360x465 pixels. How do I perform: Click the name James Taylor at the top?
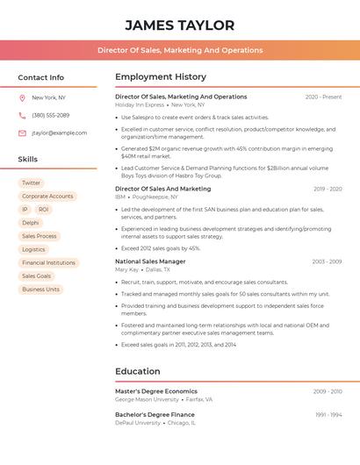click(x=179, y=25)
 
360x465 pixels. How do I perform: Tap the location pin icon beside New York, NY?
click(x=22, y=97)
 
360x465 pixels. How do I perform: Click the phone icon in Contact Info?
click(x=22, y=115)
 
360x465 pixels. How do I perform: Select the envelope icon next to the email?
click(x=22, y=133)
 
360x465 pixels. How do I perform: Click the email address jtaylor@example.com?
click(x=59, y=133)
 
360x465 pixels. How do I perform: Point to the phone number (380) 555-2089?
click(x=50, y=115)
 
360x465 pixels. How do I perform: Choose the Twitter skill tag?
click(x=31, y=183)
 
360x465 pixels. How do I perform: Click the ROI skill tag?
click(x=44, y=210)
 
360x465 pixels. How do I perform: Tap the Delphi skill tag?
click(x=31, y=223)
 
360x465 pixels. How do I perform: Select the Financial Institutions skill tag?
click(x=48, y=262)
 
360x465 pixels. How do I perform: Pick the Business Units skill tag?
click(x=40, y=289)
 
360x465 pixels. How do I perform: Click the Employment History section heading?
click(x=161, y=77)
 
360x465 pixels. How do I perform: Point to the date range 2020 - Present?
click(x=323, y=97)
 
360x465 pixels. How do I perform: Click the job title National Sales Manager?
click(x=150, y=261)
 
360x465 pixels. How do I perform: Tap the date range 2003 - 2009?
click(x=327, y=261)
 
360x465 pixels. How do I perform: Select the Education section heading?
click(x=138, y=371)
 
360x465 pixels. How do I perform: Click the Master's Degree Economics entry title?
click(x=156, y=391)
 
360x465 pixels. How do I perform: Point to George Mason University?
click(x=147, y=399)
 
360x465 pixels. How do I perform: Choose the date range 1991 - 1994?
click(x=328, y=414)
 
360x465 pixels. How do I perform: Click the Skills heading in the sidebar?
click(x=28, y=160)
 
